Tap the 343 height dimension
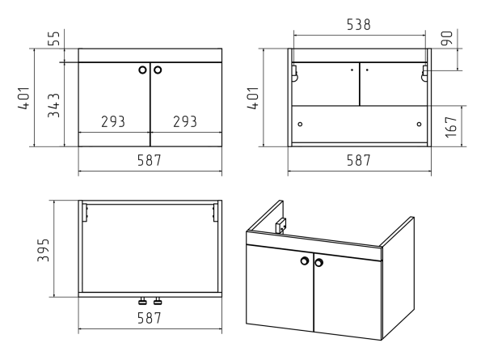(54, 105)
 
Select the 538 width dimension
(358, 25)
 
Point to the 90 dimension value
(447, 38)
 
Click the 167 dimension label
(451, 127)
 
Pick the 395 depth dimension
(44, 250)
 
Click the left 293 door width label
(113, 121)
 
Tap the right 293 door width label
(185, 121)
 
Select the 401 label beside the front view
(24, 98)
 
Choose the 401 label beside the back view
(253, 98)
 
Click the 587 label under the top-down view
(150, 318)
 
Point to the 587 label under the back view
(358, 160)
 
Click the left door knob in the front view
(142, 70)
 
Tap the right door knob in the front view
(158, 70)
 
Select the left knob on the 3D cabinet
(305, 261)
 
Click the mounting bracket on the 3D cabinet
(280, 225)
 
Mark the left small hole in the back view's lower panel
(300, 124)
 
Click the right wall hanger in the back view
(424, 74)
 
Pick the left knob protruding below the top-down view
(142, 301)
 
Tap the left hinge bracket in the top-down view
(85, 212)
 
